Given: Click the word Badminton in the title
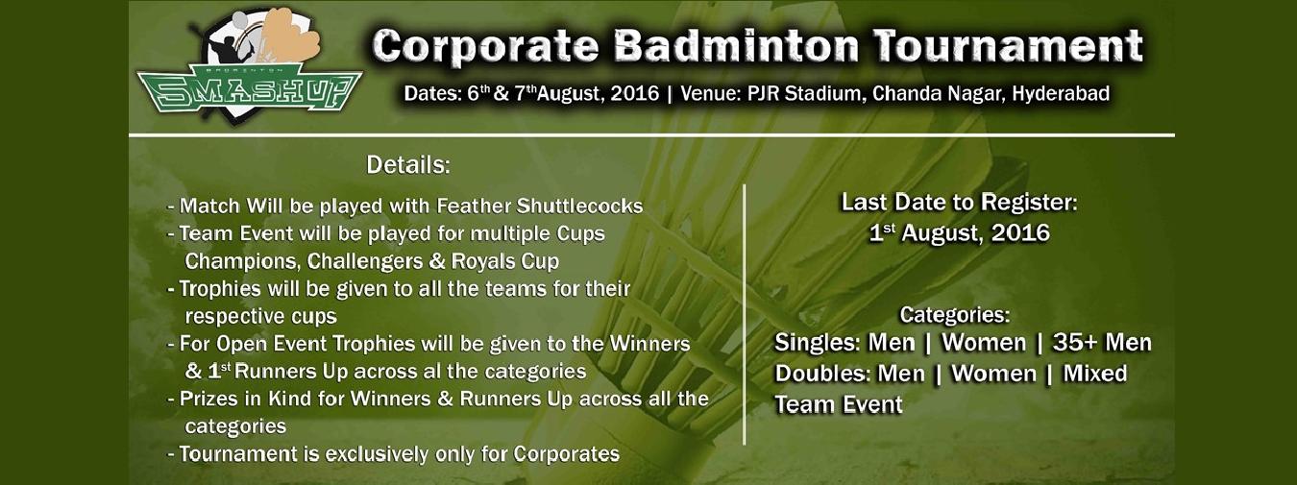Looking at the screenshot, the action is [x=737, y=46].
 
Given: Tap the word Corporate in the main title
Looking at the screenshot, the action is [x=485, y=46].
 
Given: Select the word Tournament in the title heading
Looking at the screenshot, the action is [x=1009, y=46].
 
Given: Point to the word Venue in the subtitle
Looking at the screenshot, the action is [x=710, y=93].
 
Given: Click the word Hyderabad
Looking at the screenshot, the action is [x=1061, y=94].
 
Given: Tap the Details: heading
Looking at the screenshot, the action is [x=408, y=165].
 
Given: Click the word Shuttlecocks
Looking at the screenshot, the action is [x=579, y=206].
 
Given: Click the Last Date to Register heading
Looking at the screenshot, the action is [x=959, y=203].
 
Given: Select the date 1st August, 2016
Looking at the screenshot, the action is [x=960, y=233].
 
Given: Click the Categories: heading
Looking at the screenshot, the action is [x=954, y=315].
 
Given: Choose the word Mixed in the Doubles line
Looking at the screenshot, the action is [x=1095, y=374].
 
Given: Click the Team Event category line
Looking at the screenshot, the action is [x=839, y=404].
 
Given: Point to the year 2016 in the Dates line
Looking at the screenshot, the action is [x=635, y=94].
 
